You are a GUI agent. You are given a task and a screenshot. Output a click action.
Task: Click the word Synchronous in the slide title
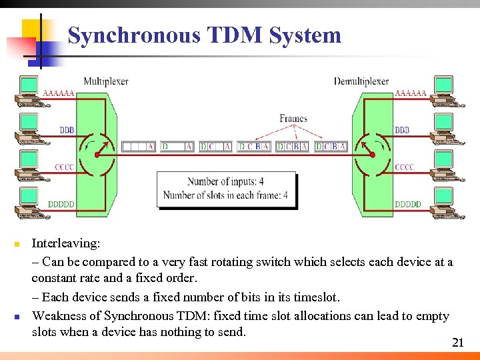133,35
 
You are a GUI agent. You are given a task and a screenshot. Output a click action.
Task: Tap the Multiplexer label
105,81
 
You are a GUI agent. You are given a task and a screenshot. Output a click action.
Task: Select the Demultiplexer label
361,81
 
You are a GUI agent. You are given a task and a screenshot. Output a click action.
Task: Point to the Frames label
293,119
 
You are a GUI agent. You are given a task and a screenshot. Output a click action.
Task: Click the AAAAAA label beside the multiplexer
59,93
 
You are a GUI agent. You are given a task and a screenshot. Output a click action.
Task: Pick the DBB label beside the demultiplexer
402,130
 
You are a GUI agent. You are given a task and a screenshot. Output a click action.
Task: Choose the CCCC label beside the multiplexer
65,167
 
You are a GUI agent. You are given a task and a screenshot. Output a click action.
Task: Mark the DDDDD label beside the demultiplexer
408,204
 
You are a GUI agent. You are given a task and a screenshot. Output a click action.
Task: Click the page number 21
457,343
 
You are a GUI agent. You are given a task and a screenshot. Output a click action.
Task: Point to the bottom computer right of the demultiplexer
444,201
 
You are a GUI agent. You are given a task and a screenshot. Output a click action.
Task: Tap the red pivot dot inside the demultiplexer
364,155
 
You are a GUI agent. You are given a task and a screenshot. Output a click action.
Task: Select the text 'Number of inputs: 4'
225,181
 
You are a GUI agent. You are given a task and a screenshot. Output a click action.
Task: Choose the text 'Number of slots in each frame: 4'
225,195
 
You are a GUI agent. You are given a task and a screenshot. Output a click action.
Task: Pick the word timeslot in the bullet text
317,297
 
